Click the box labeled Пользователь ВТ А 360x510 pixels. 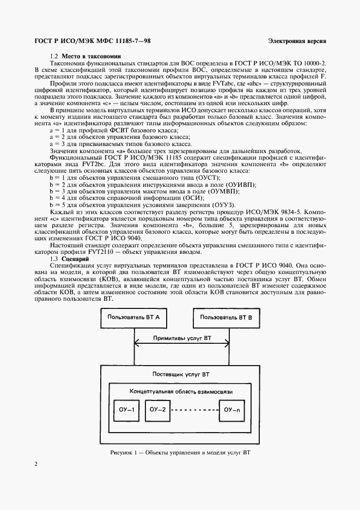(133, 318)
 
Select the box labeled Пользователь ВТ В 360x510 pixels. (226, 318)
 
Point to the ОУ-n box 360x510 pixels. (235, 409)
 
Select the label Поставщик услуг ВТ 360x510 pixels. (180, 375)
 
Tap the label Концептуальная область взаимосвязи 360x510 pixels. (180, 392)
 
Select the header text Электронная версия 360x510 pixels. (297, 41)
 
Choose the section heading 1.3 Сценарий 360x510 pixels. (69, 259)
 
